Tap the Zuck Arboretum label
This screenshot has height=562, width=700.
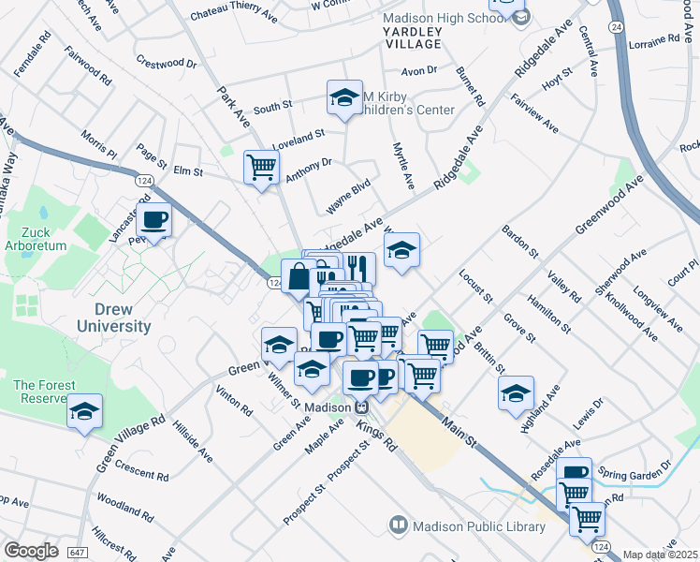[39, 238]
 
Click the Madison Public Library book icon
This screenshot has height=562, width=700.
[399, 525]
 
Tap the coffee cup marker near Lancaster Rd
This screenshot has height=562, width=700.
[154, 221]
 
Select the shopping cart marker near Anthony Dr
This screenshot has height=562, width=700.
[261, 168]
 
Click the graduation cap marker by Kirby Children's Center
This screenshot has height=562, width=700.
[344, 97]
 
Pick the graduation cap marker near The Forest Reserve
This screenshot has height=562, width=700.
[84, 411]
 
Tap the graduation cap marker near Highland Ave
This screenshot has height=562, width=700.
[516, 393]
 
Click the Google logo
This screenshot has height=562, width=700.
[31, 550]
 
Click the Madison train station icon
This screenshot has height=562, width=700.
[361, 407]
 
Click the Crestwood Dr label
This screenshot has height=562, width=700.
[167, 65]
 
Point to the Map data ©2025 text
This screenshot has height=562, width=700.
[660, 555]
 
